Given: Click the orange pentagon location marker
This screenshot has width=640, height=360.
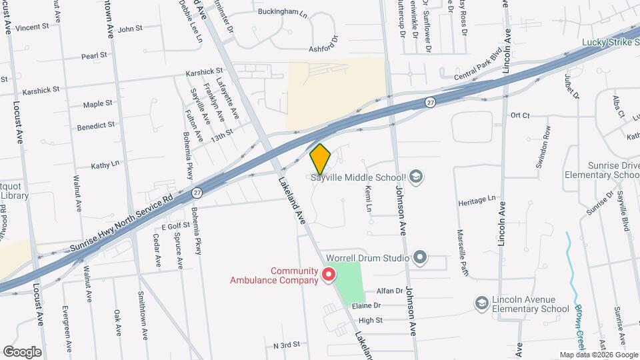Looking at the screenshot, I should [x=321, y=159].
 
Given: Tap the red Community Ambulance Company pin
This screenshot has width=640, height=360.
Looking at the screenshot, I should [x=328, y=274].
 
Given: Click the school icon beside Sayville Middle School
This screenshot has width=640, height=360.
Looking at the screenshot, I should [x=417, y=176].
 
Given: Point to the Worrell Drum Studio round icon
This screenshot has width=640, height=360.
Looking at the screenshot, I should [x=419, y=257].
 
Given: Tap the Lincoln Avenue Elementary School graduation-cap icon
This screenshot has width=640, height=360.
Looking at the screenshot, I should [x=481, y=304].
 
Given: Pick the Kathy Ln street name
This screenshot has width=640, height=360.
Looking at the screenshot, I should [x=105, y=163].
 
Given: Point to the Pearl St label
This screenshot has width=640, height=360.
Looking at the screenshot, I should [x=95, y=57].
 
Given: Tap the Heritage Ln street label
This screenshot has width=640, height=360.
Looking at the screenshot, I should [x=477, y=199].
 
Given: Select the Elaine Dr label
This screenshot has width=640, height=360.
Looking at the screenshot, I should [x=367, y=305].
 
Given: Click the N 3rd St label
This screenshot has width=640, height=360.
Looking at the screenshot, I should [x=287, y=345].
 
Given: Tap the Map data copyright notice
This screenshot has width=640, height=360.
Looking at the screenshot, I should [x=597, y=355].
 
